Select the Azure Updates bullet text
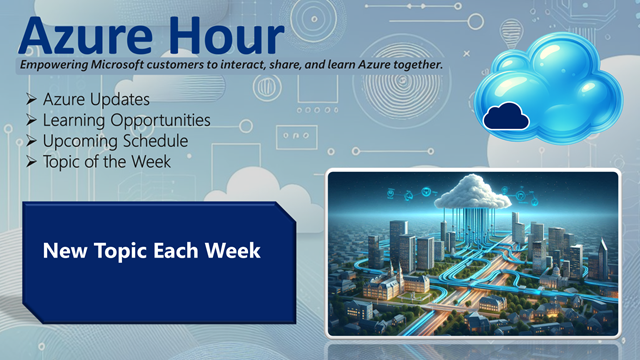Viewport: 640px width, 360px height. click(97, 100)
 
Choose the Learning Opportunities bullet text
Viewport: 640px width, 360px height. click(127, 120)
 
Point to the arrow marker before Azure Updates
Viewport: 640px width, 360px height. click(33, 100)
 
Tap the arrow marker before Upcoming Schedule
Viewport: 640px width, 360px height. click(33, 140)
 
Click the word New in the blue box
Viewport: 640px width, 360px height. click(63, 250)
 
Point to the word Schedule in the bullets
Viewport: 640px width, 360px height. click(153, 140)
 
